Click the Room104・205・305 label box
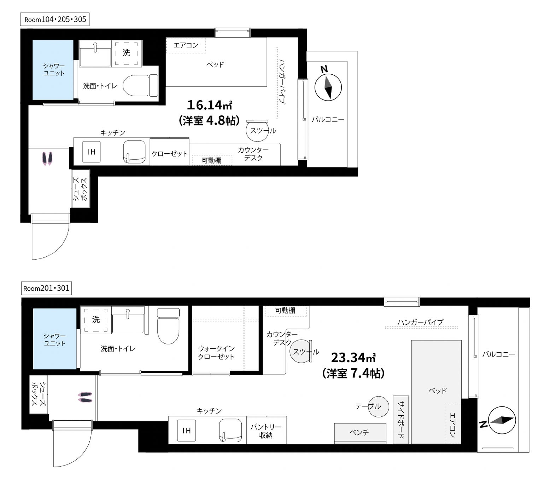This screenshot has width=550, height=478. (55, 19)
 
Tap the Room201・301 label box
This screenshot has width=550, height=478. (46, 288)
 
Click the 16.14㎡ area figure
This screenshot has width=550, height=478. (209, 105)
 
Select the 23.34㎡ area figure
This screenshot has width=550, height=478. (353, 357)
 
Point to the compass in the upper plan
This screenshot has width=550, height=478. (328, 87)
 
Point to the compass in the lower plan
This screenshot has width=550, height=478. (502, 420)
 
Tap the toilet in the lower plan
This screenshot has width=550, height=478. (168, 326)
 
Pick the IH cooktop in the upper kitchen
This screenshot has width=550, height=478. (92, 152)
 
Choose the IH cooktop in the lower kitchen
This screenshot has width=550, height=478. (187, 430)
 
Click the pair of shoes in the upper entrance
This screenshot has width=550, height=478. (47, 158)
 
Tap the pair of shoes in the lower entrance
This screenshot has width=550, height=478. (85, 398)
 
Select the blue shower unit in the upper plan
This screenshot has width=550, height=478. (53, 70)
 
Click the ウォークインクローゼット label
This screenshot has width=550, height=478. (216, 353)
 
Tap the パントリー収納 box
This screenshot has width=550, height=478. (266, 430)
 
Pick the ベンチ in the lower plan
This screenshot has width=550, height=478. (360, 433)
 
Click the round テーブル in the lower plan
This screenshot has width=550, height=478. (379, 406)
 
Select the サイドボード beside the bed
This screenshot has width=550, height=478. (401, 420)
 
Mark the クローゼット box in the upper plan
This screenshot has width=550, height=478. (169, 151)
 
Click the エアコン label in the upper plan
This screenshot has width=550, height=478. (186, 45)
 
